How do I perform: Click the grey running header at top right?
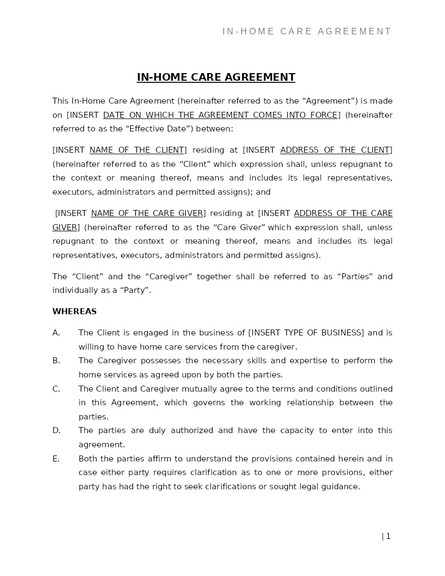click(x=306, y=32)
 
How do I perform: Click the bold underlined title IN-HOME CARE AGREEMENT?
click(x=216, y=77)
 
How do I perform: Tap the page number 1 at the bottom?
click(x=388, y=537)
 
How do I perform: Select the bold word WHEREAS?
click(x=74, y=312)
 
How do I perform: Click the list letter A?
click(x=56, y=333)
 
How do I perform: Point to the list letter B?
click(x=56, y=361)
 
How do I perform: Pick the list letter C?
click(x=56, y=389)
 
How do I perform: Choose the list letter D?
click(x=56, y=431)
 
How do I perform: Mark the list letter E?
click(x=56, y=459)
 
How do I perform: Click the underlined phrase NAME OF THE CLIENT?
click(x=137, y=151)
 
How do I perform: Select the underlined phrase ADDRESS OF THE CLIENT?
click(x=335, y=151)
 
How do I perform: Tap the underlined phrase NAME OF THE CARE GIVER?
click(x=147, y=214)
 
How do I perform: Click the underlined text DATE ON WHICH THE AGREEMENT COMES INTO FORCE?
click(x=220, y=115)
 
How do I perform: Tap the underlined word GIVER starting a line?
click(x=65, y=228)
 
